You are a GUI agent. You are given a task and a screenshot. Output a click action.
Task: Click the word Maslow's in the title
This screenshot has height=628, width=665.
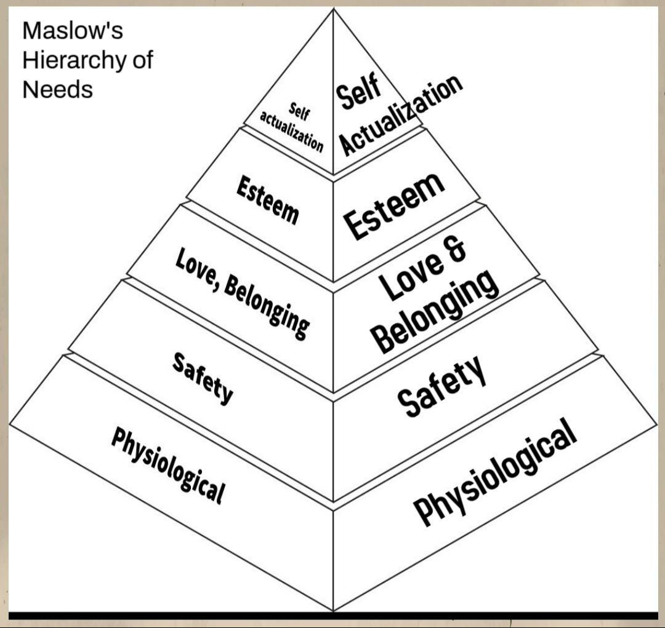[x=72, y=31]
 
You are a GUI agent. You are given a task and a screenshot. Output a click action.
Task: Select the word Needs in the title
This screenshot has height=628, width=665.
[x=57, y=89]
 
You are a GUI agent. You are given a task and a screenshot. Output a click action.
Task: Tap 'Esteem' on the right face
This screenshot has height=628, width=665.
[x=395, y=205]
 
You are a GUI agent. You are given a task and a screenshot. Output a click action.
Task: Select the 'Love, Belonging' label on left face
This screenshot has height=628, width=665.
[x=242, y=292]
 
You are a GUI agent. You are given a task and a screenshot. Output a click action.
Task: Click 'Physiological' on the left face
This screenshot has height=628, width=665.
[x=167, y=464]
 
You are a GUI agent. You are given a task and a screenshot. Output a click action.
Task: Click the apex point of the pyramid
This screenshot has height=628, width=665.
[x=334, y=9]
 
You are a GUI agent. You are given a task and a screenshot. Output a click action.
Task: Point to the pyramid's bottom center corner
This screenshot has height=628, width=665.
[x=333, y=610]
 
